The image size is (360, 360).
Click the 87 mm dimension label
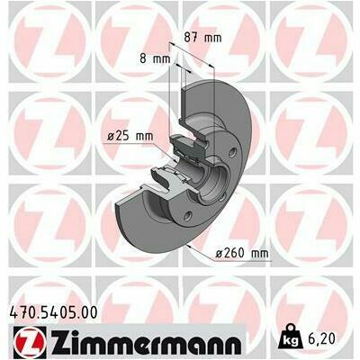(202, 38)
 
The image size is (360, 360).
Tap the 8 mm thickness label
(155, 58)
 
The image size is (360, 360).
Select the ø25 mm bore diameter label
(130, 137)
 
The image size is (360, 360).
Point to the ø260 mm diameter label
(242, 254)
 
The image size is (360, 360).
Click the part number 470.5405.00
(54, 312)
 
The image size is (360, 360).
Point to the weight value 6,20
(320, 338)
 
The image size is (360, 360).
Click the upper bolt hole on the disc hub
(232, 153)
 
